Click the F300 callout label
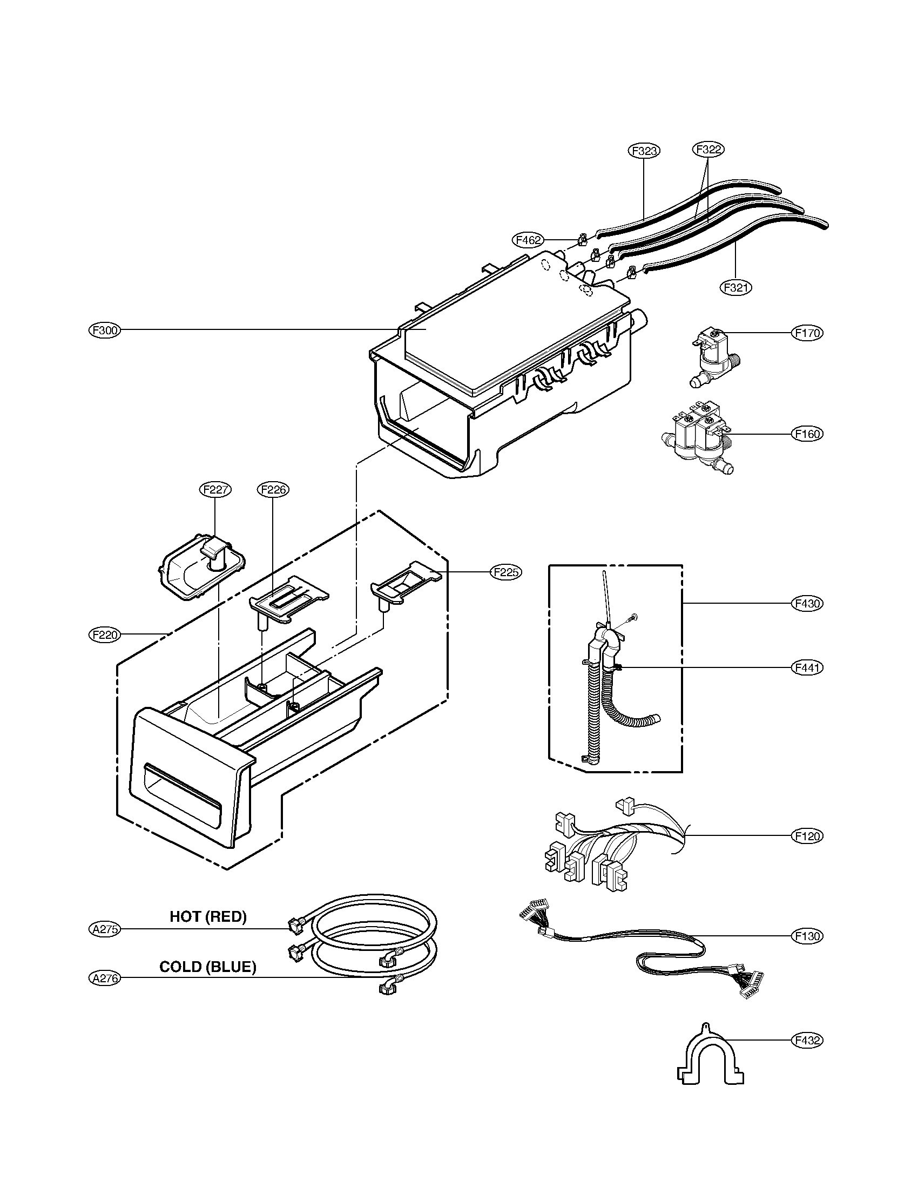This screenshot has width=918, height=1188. tap(105, 330)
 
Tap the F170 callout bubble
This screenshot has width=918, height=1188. tap(807, 333)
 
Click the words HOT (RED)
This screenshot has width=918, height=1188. tap(208, 916)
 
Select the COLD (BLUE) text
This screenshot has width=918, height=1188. tap(208, 967)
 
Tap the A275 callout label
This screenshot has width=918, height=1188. tap(105, 929)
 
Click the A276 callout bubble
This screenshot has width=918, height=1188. tap(105, 978)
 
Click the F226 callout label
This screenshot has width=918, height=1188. tap(273, 490)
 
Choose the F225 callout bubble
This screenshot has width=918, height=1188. tap(506, 572)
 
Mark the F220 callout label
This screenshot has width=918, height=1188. tap(105, 634)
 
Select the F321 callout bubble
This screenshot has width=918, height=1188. tap(736, 287)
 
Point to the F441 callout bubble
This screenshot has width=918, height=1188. tap(807, 667)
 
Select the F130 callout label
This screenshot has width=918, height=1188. tap(807, 936)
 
